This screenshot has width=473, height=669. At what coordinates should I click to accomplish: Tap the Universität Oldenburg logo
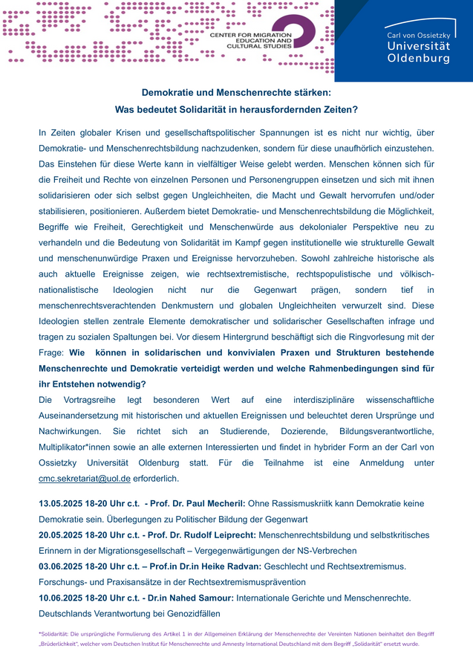(x=417, y=46)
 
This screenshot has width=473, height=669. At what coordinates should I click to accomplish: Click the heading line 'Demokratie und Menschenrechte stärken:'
(x=236, y=93)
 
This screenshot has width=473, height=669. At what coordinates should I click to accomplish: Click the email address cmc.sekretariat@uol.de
(x=85, y=479)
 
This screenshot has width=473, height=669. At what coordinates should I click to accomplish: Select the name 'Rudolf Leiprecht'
(x=221, y=535)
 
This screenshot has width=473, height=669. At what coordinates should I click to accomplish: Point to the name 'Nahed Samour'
(x=200, y=598)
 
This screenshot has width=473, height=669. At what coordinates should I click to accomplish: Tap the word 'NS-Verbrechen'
(x=323, y=551)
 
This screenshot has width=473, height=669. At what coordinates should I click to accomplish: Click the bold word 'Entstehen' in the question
(x=75, y=384)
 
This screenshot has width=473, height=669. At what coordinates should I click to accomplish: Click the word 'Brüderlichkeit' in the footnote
(x=64, y=644)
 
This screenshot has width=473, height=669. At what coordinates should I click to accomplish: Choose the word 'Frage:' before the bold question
(x=52, y=353)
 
